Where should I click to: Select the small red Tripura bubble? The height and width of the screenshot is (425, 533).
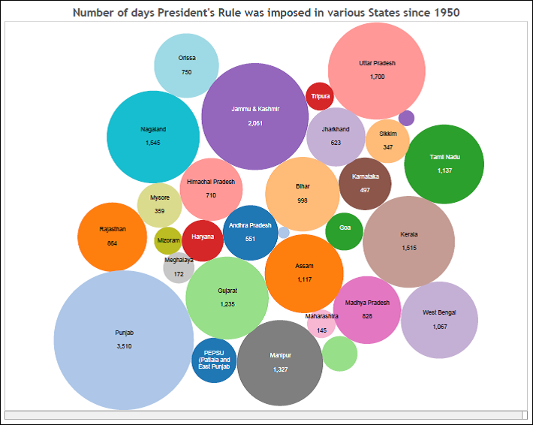coord(320,96)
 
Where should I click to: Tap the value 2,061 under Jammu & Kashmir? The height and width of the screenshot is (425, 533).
coord(255,122)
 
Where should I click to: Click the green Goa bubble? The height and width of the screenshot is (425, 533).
coord(345,231)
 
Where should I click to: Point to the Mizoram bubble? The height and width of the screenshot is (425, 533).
coord(167,240)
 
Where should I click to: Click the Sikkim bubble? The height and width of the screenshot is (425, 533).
coord(387,140)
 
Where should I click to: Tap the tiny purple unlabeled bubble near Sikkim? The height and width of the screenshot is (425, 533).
coord(406,118)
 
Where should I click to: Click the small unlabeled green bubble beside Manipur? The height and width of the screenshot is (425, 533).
coord(339,354)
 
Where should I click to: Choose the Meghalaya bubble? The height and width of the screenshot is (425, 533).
coord(179,267)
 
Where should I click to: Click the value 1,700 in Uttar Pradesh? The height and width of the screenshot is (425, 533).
coord(377,77)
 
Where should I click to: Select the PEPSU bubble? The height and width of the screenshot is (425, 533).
coord(215,361)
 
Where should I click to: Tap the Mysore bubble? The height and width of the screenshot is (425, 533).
coord(160,204)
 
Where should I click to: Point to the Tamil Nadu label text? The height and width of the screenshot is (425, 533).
coord(444,157)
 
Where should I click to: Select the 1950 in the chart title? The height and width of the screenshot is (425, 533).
coord(446,13)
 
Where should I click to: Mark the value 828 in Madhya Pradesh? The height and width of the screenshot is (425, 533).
coord(367,316)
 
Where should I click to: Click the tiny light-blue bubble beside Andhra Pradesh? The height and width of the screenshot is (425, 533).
coord(284,233)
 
